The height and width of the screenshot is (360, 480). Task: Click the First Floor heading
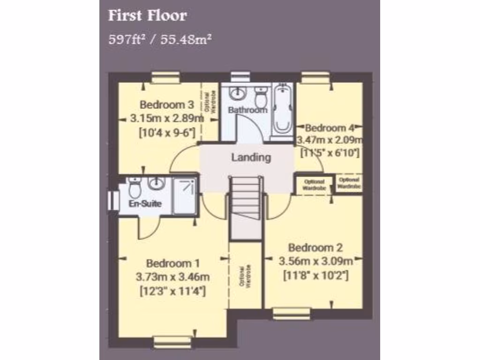[x=148, y=15]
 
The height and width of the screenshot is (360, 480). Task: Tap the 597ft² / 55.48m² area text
[x=160, y=39]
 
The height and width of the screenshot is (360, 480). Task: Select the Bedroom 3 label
[x=160, y=104]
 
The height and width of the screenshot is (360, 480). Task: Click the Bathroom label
[x=247, y=110]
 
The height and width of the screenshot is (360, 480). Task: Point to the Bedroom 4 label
[x=331, y=127]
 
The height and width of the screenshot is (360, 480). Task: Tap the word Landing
[x=251, y=157]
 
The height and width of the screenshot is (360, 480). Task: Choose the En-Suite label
[x=145, y=204]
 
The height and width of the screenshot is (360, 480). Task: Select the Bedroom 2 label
[x=315, y=248]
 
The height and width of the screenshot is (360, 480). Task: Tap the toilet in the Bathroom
[x=261, y=97]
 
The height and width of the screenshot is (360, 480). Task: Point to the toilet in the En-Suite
[x=135, y=187]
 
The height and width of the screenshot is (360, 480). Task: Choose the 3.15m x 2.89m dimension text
[x=166, y=118]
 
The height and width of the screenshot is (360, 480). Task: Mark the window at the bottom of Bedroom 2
[x=292, y=313]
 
